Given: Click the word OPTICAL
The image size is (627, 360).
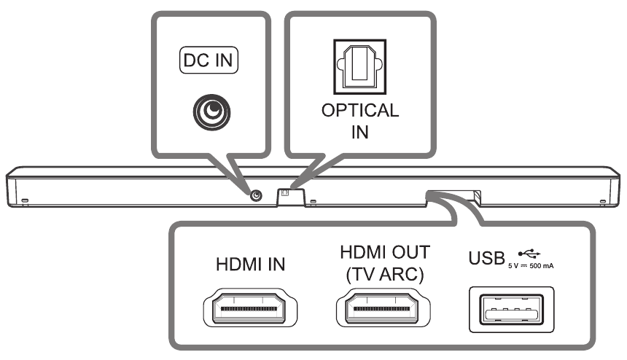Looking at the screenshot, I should pos(361,111).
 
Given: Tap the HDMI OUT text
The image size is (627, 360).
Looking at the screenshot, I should pos(385,252).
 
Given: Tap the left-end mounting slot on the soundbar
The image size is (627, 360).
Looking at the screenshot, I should pos(24,200).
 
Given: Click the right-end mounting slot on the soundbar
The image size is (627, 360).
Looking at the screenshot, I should pos(602,200).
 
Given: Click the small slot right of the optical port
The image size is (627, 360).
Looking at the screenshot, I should pos(311,200).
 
